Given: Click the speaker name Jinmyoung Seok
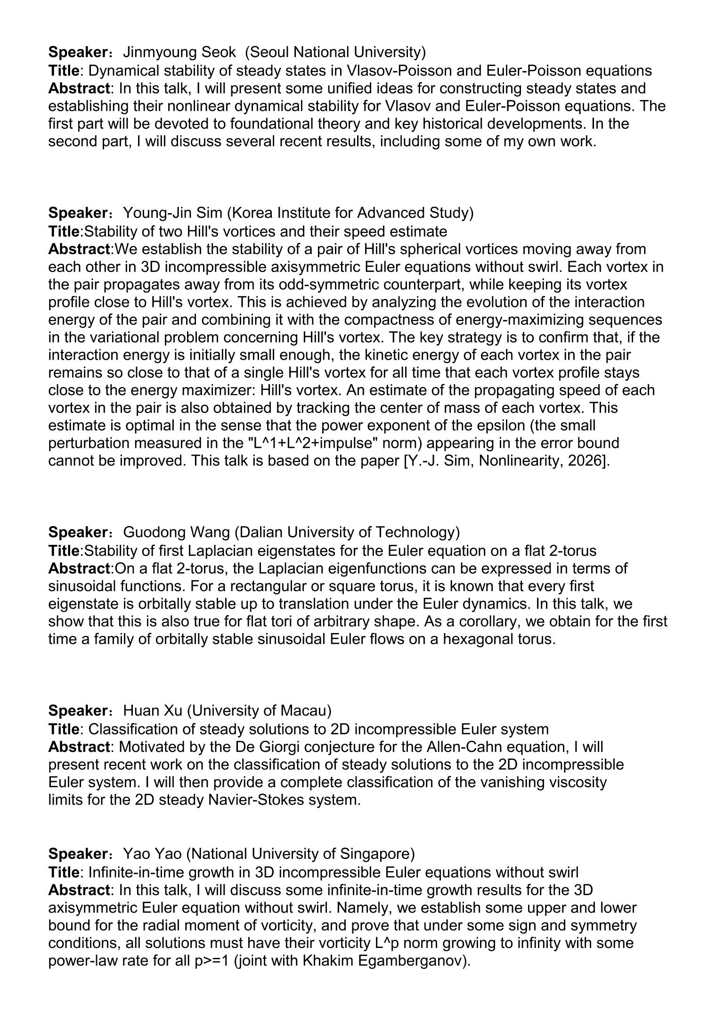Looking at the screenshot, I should click(x=179, y=52).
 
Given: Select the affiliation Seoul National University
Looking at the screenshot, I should click(x=335, y=52).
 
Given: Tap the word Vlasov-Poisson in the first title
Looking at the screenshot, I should click(x=396, y=70).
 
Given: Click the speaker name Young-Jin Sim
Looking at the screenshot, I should click(x=172, y=213).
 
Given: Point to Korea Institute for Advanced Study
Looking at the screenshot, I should click(x=350, y=213).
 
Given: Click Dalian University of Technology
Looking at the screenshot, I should click(x=347, y=532).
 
